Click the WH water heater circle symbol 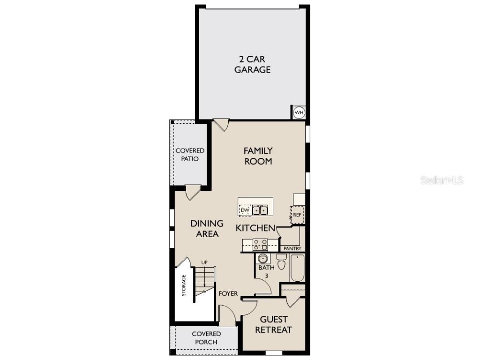(x=299, y=112)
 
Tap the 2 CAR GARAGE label (x=252, y=64)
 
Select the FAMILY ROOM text (x=258, y=156)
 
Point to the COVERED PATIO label (x=190, y=155)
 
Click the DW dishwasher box (x=245, y=210)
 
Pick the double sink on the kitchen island (x=260, y=210)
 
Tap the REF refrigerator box (x=297, y=215)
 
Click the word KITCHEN (x=255, y=228)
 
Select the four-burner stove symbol (x=260, y=244)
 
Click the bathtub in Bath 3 (x=297, y=268)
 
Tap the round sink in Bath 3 (x=262, y=259)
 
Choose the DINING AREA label (x=207, y=229)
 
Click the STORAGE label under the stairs (x=184, y=285)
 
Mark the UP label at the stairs (x=204, y=262)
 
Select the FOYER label (x=228, y=294)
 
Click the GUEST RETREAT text (x=273, y=324)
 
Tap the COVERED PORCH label (x=206, y=337)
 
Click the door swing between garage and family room (x=221, y=124)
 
